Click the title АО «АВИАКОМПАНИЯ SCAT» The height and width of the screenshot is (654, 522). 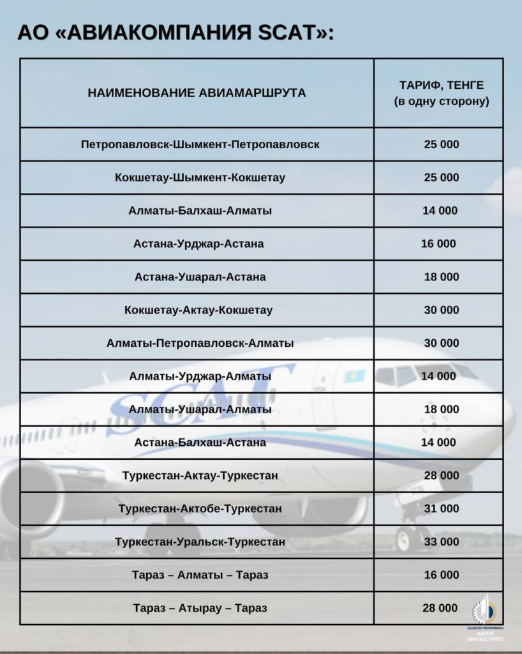click(175, 33)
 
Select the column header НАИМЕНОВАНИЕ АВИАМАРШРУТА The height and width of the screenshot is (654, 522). click(197, 93)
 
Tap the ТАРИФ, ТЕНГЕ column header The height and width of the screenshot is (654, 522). click(441, 93)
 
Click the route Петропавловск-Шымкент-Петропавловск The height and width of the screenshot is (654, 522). click(200, 144)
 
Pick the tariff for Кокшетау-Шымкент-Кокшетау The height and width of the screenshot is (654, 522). click(441, 178)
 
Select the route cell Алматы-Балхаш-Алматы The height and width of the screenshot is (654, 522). click(200, 211)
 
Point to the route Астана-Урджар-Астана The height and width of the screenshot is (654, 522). click(198, 244)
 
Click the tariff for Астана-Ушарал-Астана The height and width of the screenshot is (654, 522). click(441, 277)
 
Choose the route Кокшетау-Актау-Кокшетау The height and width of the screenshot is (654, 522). click(198, 310)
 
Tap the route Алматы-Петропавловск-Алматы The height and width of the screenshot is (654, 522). click(200, 344)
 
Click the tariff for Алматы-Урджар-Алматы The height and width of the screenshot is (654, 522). click(438, 377)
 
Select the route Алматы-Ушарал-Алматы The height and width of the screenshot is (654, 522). click(200, 409)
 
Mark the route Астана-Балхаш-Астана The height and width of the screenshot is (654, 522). click(200, 443)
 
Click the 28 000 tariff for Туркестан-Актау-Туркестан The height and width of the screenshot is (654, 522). click(441, 476)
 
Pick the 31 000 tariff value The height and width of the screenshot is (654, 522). click(441, 509)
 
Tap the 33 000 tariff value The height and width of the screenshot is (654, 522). click(441, 542)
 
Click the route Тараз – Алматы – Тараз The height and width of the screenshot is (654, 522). click(200, 575)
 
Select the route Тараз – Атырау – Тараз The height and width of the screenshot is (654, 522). click(200, 608)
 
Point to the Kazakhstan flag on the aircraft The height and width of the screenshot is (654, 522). click(354, 375)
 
